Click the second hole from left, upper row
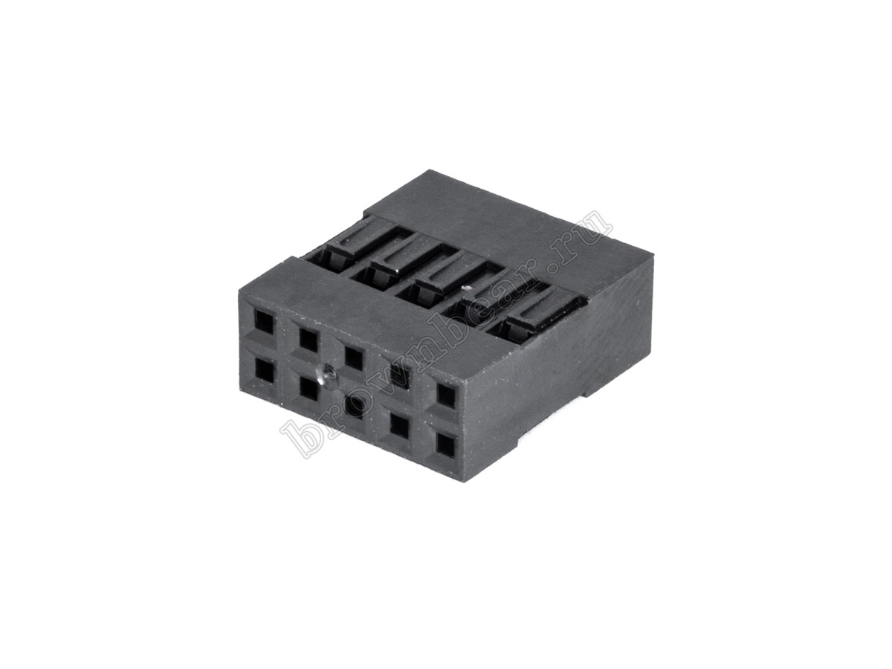(308, 337)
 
